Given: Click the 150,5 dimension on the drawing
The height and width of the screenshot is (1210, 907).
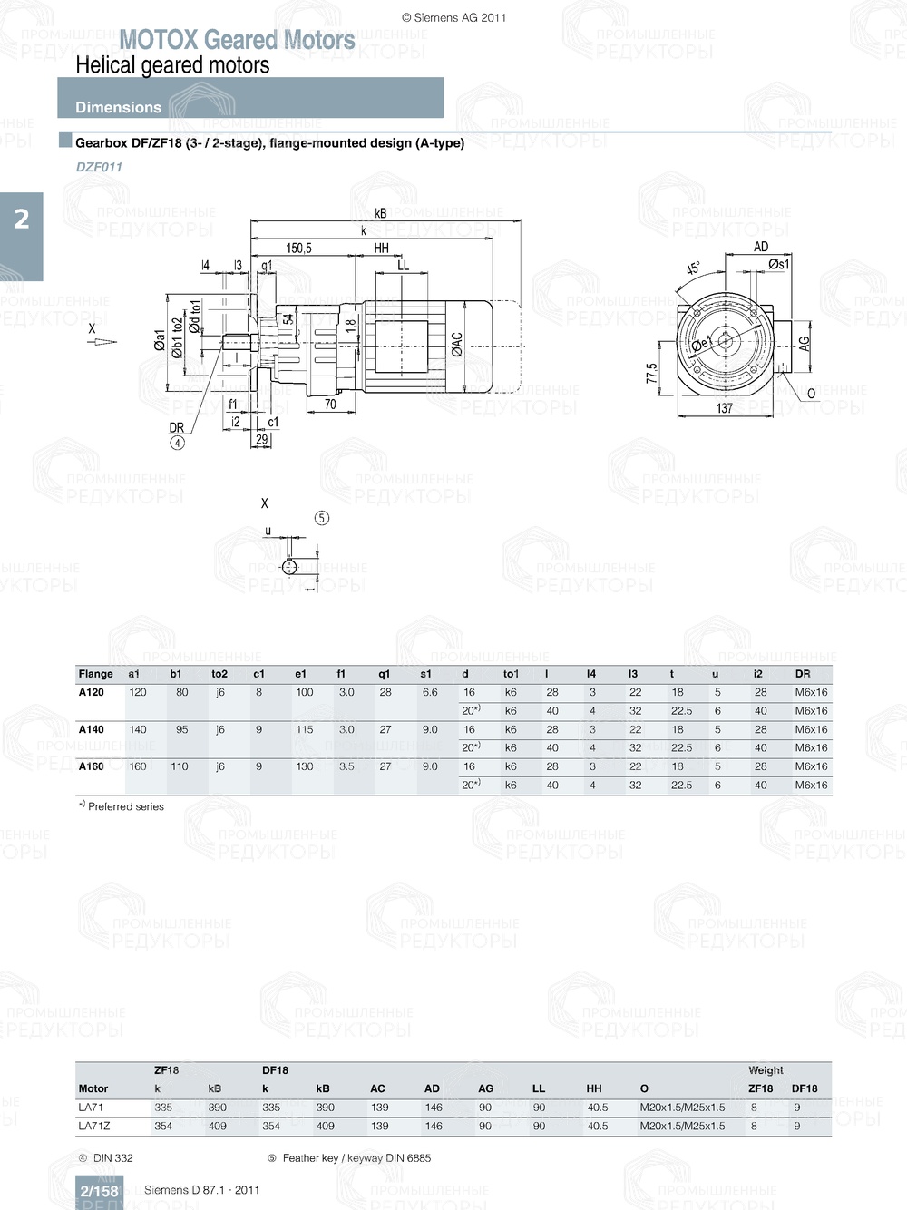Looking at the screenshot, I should click(298, 248).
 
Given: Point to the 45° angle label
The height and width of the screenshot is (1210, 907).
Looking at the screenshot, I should click(693, 268).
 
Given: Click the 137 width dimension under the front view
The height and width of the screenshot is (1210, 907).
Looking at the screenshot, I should click(724, 408).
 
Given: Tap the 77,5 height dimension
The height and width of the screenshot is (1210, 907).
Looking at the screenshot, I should click(651, 373).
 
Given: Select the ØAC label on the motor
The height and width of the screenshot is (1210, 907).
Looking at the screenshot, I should click(457, 344).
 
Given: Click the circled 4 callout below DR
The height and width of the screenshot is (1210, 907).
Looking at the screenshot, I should click(178, 443).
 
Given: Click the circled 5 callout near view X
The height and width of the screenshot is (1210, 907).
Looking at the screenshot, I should click(322, 518).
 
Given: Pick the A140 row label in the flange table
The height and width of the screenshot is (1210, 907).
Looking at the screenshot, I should click(91, 729).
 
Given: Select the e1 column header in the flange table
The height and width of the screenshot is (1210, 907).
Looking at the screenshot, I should click(300, 674).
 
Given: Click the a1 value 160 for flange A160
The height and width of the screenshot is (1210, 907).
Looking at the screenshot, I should click(137, 766).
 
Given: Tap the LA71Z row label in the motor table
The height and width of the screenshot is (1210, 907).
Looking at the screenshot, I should click(93, 1126).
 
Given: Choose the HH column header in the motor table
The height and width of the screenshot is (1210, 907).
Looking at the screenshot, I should click(594, 1088).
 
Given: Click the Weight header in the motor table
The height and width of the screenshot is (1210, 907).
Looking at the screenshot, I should click(766, 1070).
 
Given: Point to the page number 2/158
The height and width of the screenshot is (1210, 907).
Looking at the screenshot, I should click(99, 1191).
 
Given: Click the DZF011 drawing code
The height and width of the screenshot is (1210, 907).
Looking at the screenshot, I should click(99, 167).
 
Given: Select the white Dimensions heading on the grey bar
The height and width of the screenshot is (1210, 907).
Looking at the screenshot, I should click(118, 107).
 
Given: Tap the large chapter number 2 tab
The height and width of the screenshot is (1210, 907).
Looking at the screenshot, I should click(21, 219).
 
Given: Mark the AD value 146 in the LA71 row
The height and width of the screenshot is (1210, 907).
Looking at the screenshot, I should click(434, 1108).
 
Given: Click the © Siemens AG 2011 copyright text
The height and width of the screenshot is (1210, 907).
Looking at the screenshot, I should click(453, 17).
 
